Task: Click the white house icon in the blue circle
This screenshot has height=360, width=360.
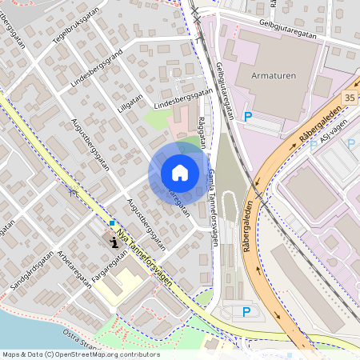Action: (x=180, y=172)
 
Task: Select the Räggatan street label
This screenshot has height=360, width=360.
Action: (x=202, y=130)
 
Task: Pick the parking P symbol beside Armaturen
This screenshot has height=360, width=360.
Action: (x=248, y=117)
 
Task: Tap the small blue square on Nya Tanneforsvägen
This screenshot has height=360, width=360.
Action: (x=112, y=222)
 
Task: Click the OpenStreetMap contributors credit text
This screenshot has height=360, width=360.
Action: (x=80, y=354)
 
